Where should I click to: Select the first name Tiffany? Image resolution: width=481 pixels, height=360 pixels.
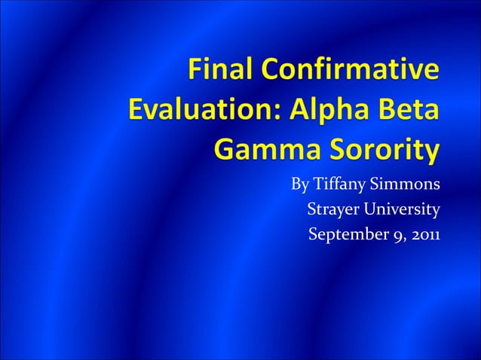340,185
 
